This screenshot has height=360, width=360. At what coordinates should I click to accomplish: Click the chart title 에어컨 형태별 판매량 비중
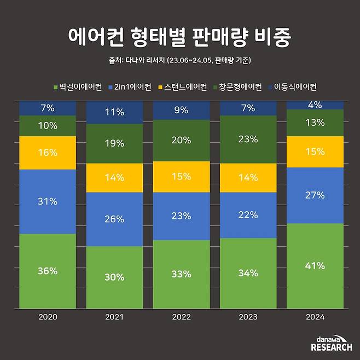pos(179,37)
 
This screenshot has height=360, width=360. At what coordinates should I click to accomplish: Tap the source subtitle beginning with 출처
pos(180,61)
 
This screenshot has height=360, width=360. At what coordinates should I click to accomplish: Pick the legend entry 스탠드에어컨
pos(183,87)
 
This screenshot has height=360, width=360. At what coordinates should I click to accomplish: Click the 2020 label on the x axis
pos(48,317)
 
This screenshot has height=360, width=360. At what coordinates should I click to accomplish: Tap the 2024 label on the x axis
pos(315,317)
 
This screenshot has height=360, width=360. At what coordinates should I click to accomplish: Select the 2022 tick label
pos(181,317)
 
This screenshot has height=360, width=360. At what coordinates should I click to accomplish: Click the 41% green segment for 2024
pos(315,266)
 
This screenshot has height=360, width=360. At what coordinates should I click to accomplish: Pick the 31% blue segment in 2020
pos(48,201)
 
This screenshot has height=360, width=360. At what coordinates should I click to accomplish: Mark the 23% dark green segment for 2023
pos(248,139)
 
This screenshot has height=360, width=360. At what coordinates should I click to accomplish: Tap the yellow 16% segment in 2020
pos(48,153)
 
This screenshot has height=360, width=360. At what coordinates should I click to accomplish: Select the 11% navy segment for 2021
pos(114,112)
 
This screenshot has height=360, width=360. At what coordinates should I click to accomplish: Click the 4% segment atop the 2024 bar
pos(315,105)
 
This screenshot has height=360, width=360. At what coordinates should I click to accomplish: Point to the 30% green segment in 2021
pos(114,277)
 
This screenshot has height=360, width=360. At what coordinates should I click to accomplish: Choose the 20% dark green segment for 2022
pos(181,140)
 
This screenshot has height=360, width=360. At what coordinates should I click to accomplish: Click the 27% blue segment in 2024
pos(315,195)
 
